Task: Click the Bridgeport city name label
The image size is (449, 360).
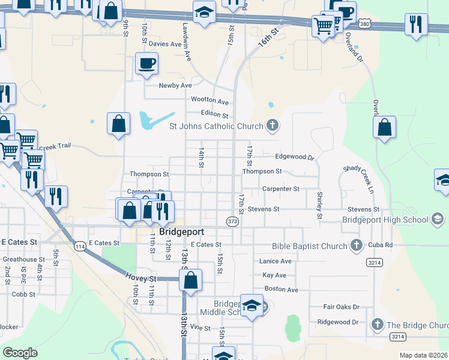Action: (182, 232)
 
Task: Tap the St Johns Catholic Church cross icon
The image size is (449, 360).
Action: (273, 126)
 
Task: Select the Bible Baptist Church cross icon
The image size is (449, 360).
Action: (357, 245)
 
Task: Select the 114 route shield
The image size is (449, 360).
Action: (79, 246)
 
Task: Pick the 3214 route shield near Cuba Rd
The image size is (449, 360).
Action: (375, 262)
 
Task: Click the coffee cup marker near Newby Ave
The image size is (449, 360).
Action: (146, 64)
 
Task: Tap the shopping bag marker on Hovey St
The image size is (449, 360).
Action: (190, 280)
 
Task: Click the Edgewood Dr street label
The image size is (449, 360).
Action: (295, 157)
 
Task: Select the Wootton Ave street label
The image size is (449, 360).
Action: (210, 101)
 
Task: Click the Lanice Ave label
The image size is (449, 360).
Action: (276, 261)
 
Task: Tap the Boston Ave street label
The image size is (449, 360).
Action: (282, 290)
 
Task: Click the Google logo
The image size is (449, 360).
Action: (20, 353)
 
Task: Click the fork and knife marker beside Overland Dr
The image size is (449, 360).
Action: (416, 25)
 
